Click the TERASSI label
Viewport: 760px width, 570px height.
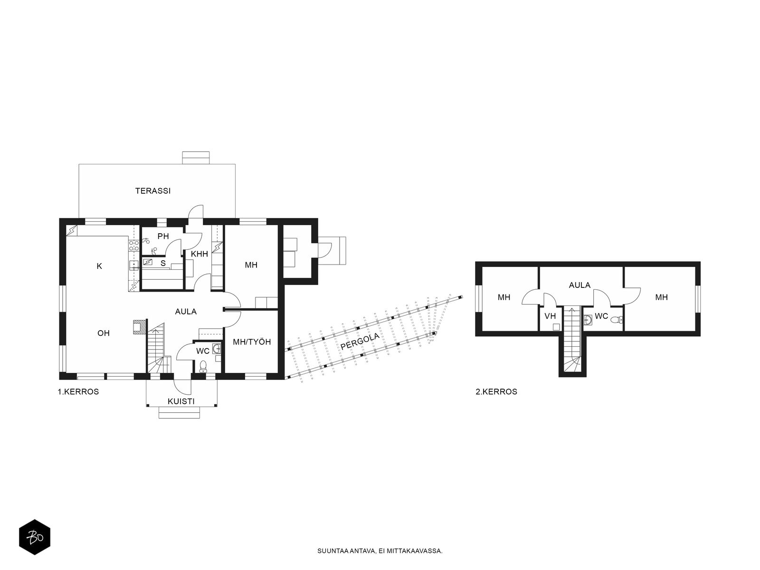coord(152,190)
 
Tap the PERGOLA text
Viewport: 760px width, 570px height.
coord(360,341)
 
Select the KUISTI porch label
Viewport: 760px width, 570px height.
coord(181,401)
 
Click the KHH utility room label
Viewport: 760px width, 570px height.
coord(199,254)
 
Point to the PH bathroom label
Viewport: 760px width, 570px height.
coord(163,237)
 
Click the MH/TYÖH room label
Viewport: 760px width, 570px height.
coord(252,342)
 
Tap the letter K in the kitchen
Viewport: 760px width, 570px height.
coord(99,266)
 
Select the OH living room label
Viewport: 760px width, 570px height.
coord(104,333)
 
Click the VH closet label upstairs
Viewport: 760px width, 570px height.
coord(550,316)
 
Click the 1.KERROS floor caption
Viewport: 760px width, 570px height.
coord(78,392)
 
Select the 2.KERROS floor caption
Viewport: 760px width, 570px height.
coord(496,392)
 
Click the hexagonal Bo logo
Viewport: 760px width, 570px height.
coord(35,537)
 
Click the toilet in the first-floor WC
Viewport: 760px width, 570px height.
coord(203,367)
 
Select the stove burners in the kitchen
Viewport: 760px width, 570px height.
coord(133,246)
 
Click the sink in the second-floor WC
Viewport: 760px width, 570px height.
coord(588,320)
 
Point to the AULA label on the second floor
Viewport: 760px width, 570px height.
coord(579,285)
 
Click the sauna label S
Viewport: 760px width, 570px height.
coord(163,263)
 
